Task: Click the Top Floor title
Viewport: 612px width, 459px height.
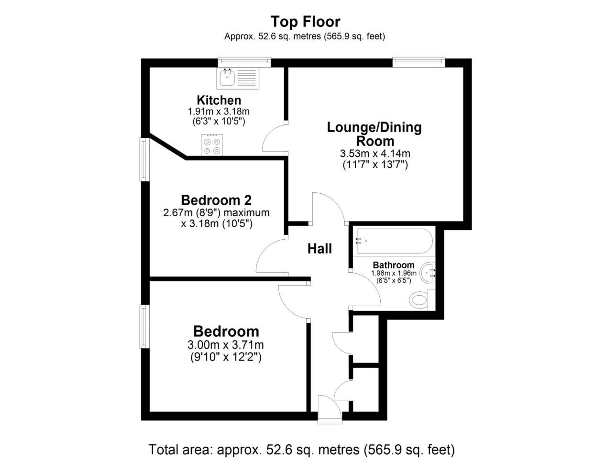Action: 305,22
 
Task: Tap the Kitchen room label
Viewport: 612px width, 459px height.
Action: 219,100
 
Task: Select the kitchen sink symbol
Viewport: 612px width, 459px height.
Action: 238,78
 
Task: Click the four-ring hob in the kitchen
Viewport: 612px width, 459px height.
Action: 212,144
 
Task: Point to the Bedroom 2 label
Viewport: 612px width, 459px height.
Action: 216,200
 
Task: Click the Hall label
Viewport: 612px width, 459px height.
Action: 319,248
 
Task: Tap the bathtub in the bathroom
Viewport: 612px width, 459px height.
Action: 394,241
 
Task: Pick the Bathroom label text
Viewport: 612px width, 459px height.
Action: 394,265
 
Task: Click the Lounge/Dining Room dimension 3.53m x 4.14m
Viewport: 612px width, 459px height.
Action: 375,153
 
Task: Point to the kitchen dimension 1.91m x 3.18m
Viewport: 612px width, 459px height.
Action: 218,111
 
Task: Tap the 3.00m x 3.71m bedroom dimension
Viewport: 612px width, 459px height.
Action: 226,345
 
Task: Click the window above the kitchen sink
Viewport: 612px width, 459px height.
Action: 244,62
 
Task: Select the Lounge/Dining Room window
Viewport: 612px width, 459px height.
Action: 419,62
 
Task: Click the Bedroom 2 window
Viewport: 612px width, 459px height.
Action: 145,159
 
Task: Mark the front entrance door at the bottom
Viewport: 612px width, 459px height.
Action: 330,409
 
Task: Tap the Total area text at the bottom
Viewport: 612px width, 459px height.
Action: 302,449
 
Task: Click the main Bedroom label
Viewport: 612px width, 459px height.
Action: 226,331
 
